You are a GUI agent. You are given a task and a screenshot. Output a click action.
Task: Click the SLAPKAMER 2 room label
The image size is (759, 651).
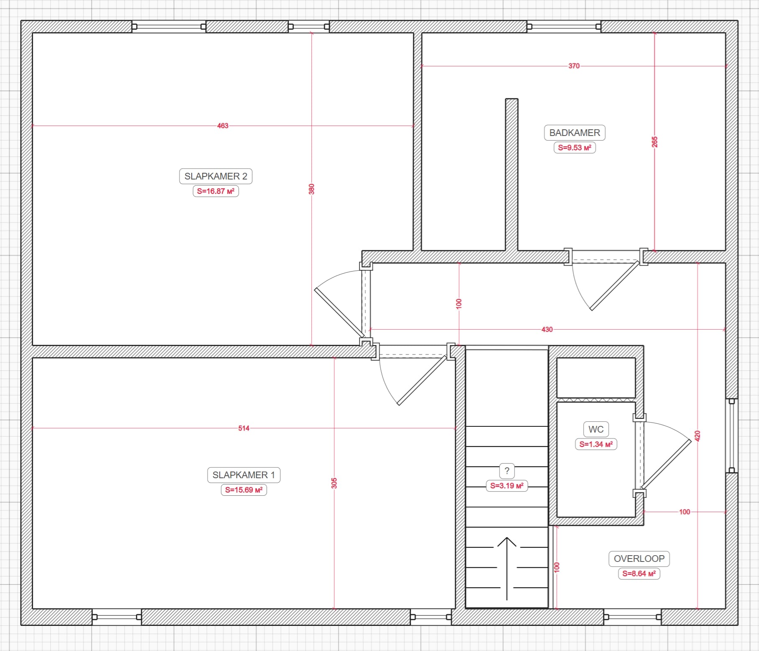215,176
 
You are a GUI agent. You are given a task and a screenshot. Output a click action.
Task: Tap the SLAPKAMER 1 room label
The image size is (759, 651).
244,475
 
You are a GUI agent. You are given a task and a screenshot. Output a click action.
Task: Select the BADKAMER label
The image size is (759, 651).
574,133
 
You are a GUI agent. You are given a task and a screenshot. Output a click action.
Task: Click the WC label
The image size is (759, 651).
596,429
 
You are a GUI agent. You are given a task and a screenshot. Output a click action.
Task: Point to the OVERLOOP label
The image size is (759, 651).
639,559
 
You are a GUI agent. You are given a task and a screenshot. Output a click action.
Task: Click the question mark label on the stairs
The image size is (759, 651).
507,471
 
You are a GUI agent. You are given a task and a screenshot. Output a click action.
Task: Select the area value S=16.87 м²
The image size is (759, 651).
215,191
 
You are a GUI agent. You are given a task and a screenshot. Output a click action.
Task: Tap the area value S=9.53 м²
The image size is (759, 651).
574,148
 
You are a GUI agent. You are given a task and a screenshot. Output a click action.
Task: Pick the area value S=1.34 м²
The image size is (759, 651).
596,444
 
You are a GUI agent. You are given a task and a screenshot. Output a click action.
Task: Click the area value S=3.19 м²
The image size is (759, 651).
507,486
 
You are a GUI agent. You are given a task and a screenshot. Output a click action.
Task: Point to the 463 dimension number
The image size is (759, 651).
223,126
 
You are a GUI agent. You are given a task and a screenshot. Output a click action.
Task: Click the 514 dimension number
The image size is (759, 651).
244,428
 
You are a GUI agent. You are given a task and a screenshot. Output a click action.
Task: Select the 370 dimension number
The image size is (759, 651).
574,66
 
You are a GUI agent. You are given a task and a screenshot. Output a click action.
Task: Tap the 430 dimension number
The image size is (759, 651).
547,329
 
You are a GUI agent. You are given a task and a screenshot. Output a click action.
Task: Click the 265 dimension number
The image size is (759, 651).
655,142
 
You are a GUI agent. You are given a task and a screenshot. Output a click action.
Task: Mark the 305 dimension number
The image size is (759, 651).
334,483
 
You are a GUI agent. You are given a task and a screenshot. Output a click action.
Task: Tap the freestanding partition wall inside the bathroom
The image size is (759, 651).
511,174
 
